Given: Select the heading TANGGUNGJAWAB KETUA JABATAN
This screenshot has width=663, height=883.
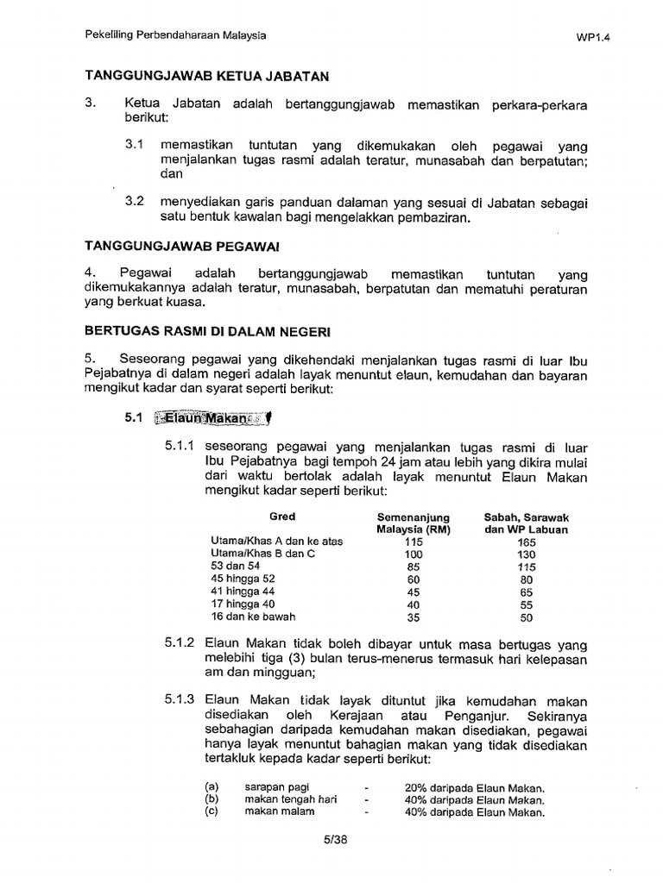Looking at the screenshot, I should [206, 77].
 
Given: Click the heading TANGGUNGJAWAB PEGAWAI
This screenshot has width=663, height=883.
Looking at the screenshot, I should [181, 247].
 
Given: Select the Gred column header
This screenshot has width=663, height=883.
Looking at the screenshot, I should [281, 517].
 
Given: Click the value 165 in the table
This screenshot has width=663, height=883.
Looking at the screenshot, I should [526, 542].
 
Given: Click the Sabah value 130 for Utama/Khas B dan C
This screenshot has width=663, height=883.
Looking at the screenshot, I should [526, 554].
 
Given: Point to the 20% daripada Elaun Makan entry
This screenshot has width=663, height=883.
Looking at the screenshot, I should [473, 788].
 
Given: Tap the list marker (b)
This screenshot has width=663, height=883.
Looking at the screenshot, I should [212, 799].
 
